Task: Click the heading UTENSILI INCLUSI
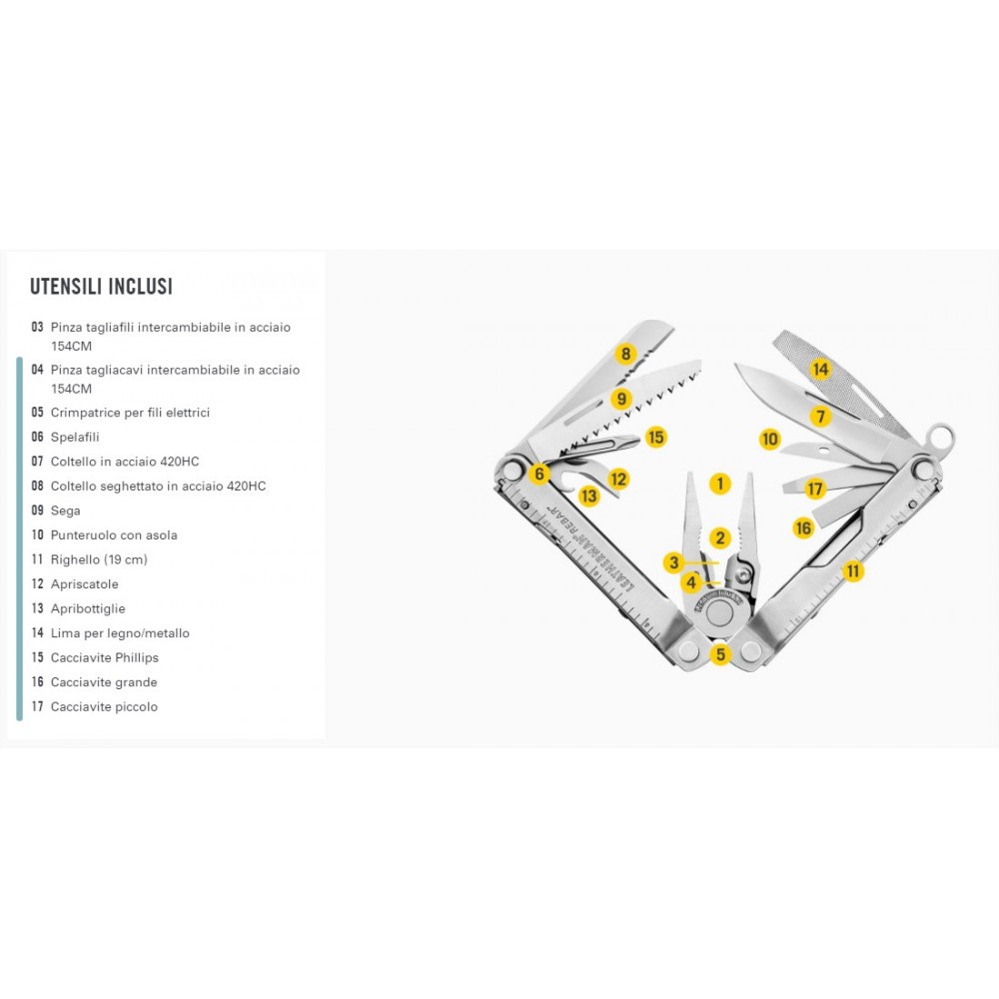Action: (x=101, y=286)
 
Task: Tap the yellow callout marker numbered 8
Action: (x=625, y=354)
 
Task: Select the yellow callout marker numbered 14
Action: (x=820, y=369)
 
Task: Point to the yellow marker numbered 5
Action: (x=720, y=654)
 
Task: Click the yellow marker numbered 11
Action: (x=853, y=570)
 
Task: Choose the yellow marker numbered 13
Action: (x=589, y=496)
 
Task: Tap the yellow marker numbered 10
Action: (x=770, y=439)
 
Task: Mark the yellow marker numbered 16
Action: (x=803, y=527)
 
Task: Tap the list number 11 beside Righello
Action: (x=37, y=559)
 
